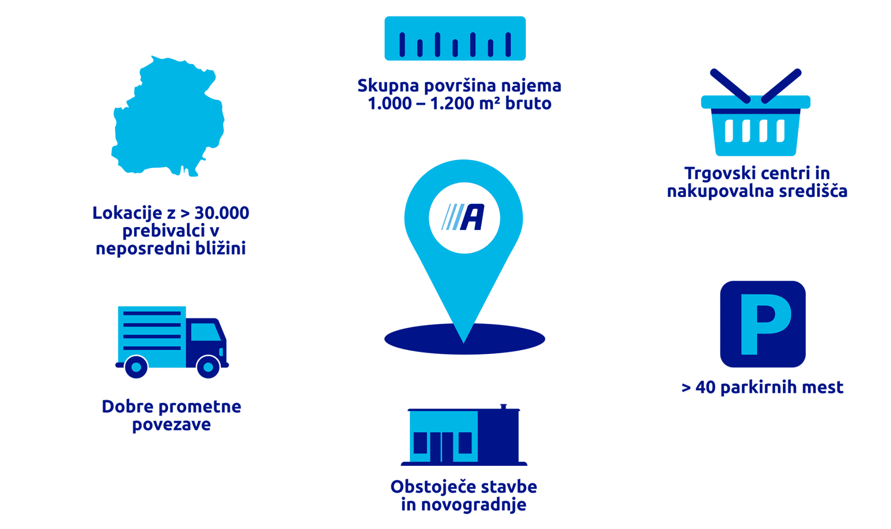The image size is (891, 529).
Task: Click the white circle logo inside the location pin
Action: click(464, 217)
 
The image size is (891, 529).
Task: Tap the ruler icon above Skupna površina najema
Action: click(455, 39)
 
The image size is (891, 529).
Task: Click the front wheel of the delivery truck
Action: click(208, 367)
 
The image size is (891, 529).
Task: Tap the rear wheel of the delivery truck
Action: click(136, 367)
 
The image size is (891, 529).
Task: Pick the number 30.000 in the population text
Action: click(221, 213)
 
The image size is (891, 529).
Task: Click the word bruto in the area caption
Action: click(528, 103)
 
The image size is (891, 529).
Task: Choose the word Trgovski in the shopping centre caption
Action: click(713, 173)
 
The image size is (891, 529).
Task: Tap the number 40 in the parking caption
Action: click(705, 387)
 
